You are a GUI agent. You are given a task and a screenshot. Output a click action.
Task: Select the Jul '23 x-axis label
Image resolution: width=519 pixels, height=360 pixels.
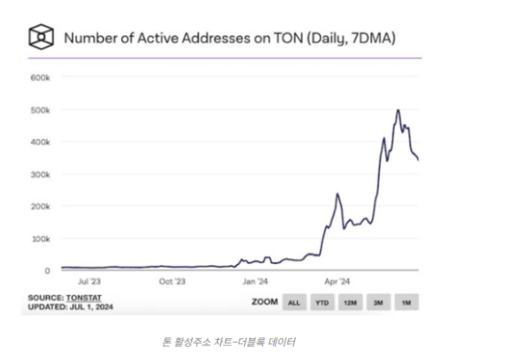(89, 281)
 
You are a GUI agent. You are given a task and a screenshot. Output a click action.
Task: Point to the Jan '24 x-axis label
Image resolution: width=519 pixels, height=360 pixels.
(254, 281)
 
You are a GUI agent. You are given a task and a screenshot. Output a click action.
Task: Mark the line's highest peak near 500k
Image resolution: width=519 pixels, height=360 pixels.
(398, 110)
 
